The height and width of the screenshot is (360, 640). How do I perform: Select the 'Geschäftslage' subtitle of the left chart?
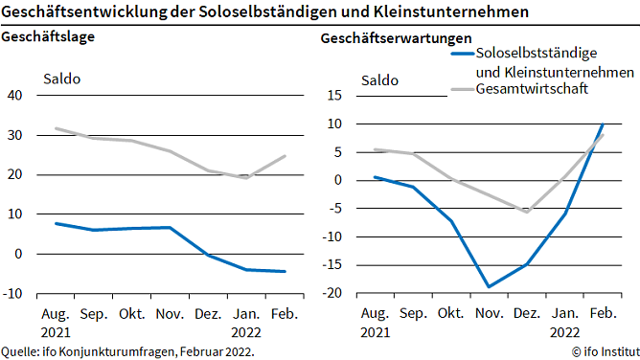click(45, 37)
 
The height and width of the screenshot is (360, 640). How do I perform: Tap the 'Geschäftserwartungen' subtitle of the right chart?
click(397, 37)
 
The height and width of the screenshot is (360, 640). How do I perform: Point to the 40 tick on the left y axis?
click(14, 95)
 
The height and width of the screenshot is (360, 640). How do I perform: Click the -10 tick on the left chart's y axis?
click(12, 293)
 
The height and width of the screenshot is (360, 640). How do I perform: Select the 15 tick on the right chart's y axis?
click(335, 95)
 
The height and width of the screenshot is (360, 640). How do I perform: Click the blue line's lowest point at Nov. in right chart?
click(489, 286)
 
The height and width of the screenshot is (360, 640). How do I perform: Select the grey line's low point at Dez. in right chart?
click(526, 212)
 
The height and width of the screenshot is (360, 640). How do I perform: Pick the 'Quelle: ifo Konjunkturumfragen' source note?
click(127, 351)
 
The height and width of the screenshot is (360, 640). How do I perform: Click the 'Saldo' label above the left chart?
click(62, 79)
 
